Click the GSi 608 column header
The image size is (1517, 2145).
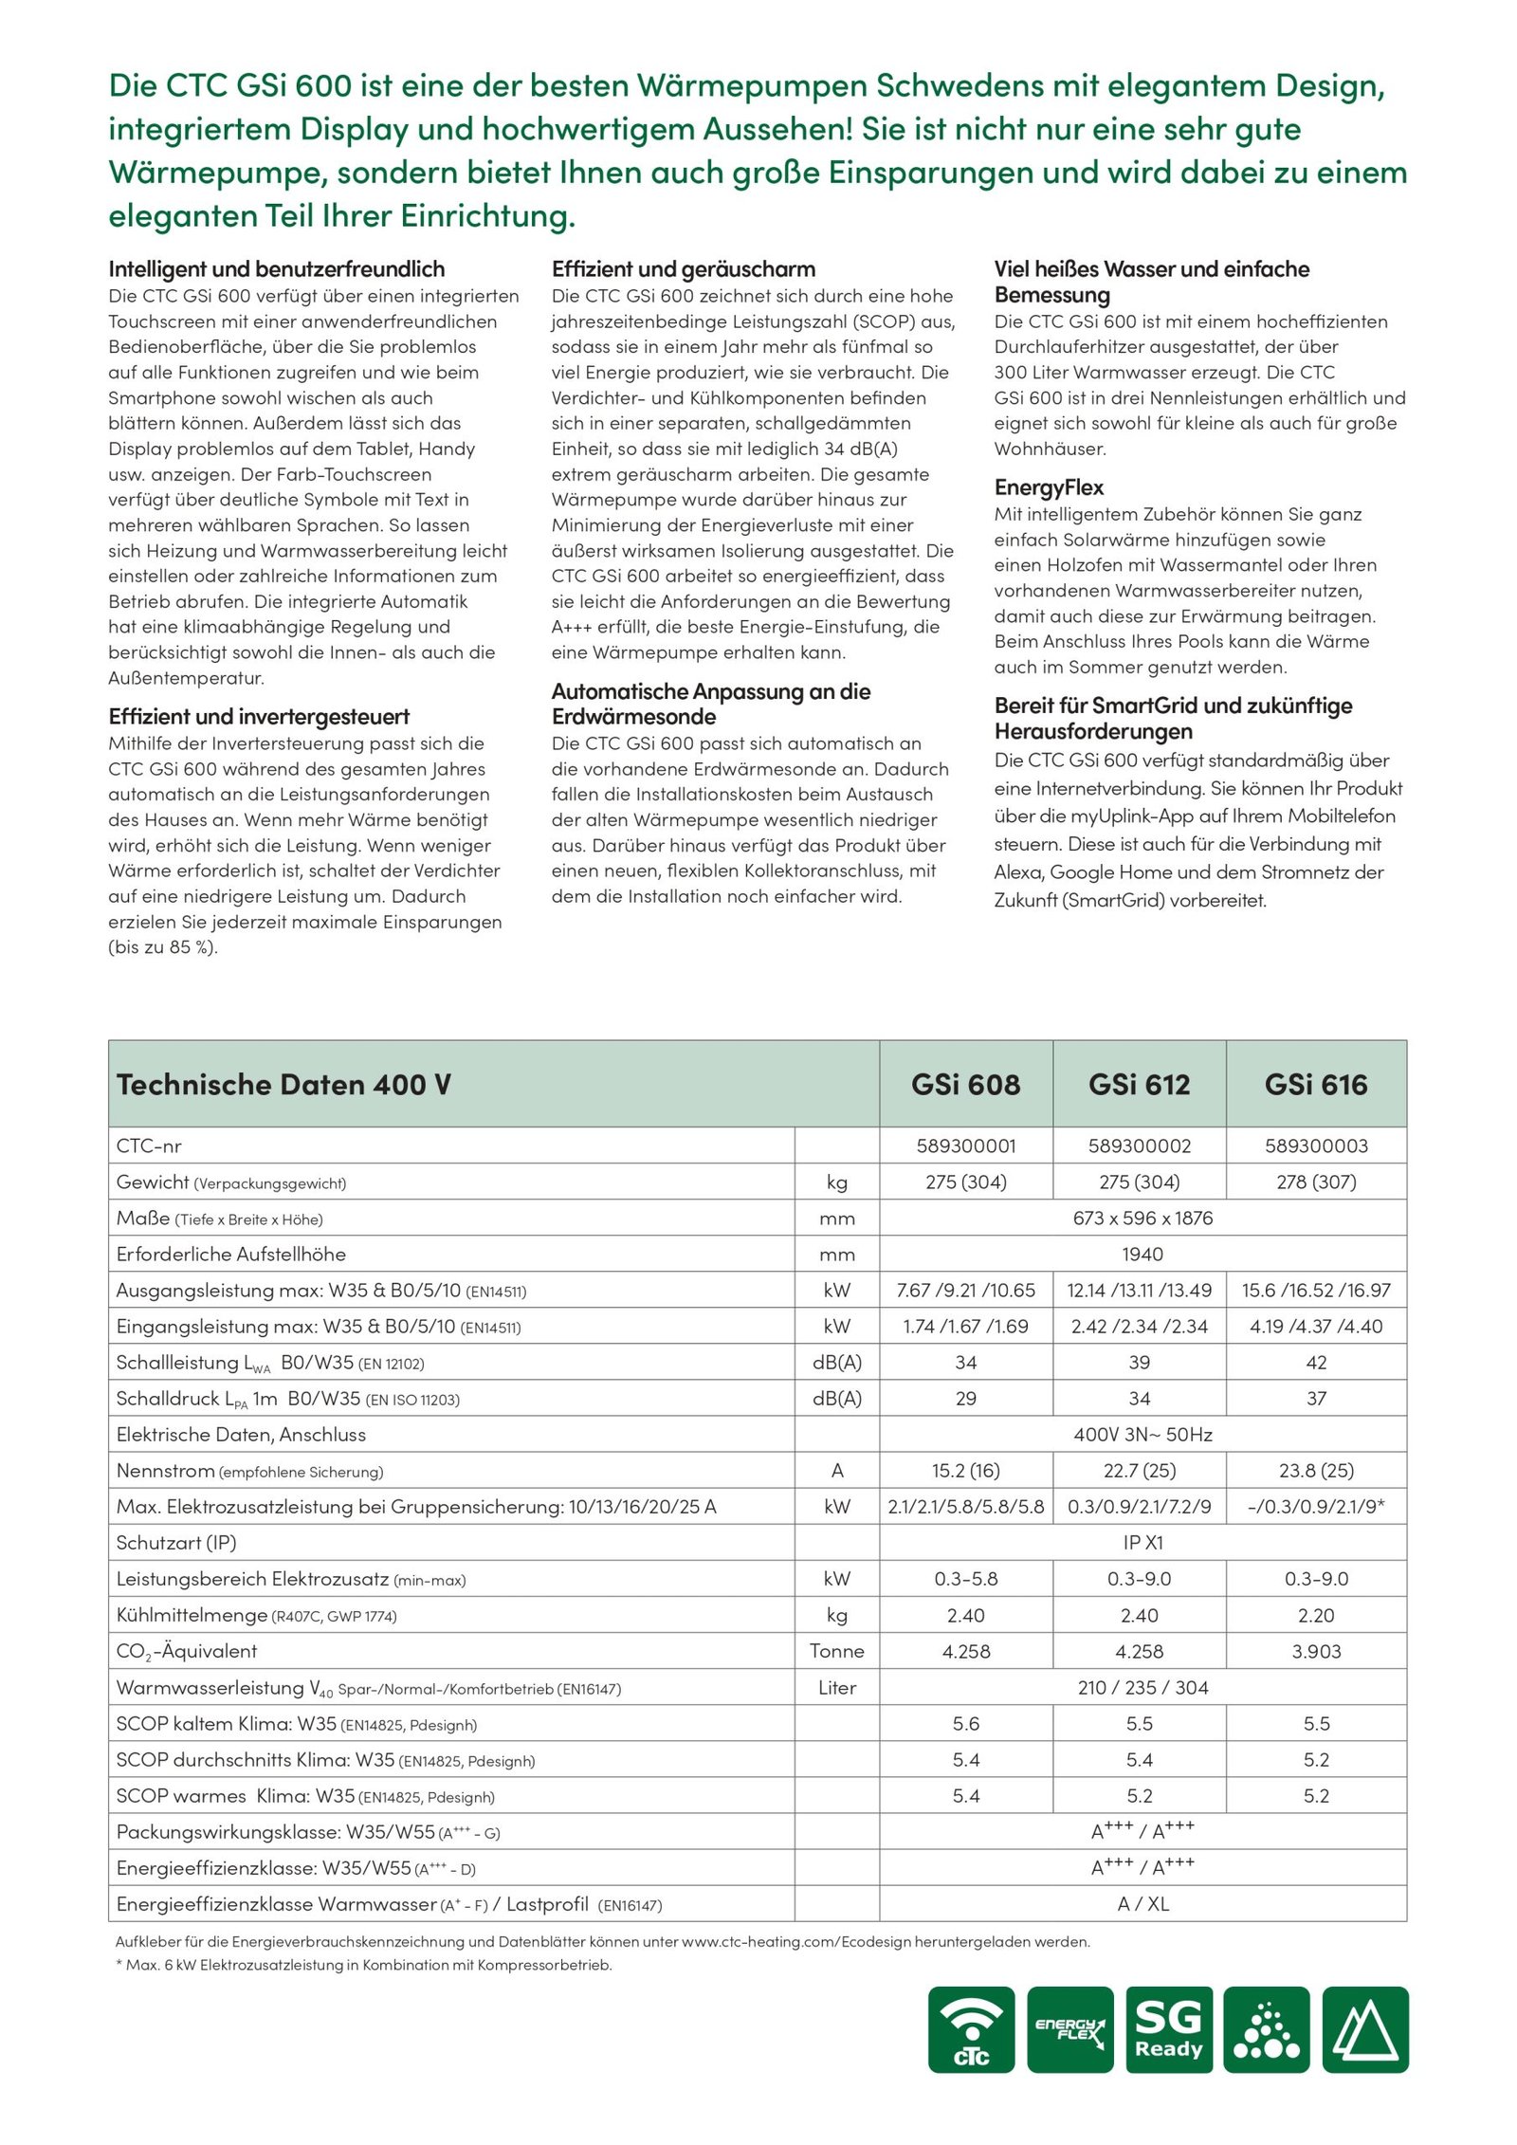coord(965,1084)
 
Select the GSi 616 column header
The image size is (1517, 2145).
coord(1316,1084)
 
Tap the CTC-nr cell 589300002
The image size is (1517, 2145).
coord(1139,1146)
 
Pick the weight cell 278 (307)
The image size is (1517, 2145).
coord(1316,1182)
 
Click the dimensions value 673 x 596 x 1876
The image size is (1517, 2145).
coord(1142,1218)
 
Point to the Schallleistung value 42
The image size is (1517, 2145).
coord(1316,1363)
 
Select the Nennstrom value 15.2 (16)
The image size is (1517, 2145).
coord(965,1471)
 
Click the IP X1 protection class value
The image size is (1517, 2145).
coord(1142,1543)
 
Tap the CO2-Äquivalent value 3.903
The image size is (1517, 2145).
coord(1316,1651)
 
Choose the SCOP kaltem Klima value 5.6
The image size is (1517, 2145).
coord(965,1723)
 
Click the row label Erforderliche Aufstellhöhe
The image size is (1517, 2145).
coord(230,1254)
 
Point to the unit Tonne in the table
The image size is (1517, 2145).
coord(836,1651)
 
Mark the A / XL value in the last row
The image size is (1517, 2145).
coord(1142,1903)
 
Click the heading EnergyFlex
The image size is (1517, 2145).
coord(1049,487)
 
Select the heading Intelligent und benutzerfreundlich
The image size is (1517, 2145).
coord(276,269)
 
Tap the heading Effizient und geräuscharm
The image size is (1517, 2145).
coord(683,269)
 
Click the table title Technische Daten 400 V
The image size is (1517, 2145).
coord(283,1084)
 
